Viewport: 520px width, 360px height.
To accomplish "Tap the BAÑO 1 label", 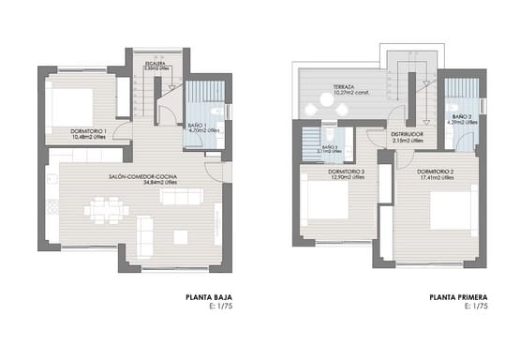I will (195, 126).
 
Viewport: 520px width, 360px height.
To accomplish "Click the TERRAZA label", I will (342, 87).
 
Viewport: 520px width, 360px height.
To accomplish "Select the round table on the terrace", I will (335, 110).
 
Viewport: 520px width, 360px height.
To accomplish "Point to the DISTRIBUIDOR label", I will (407, 134).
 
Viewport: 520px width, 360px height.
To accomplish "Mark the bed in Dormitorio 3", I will (326, 202).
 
